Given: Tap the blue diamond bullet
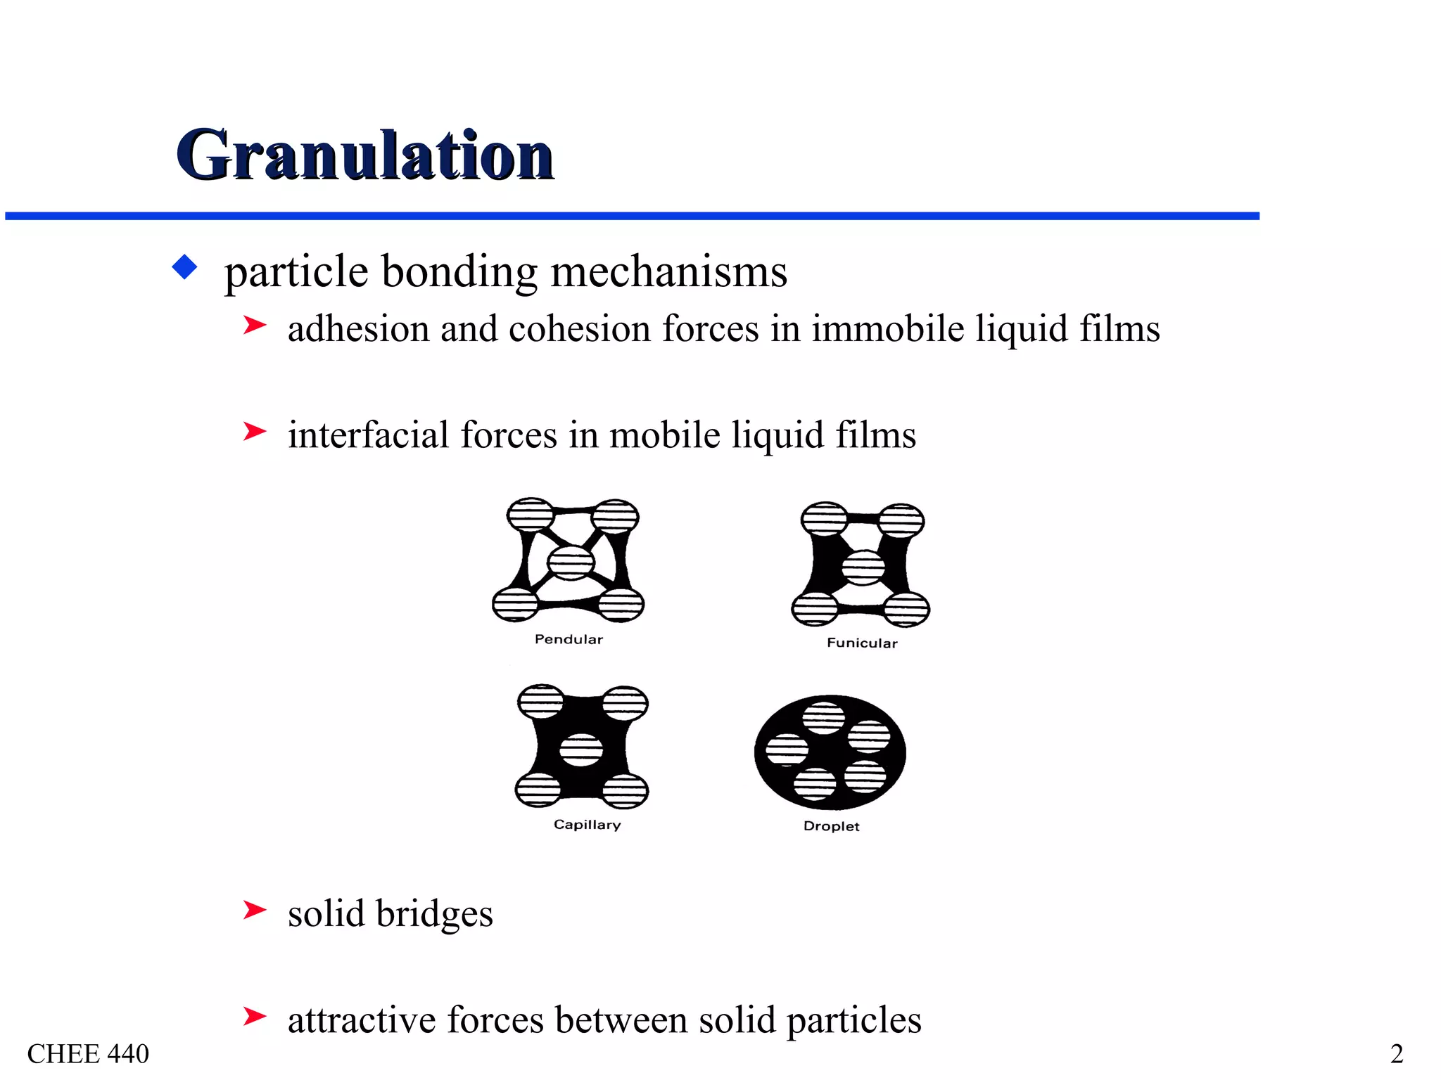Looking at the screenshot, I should click(184, 267).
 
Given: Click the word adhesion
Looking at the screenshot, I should click(358, 329).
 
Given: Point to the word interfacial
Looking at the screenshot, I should click(367, 435).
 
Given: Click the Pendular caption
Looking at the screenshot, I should click(569, 639).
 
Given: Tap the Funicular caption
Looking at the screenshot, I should click(862, 643).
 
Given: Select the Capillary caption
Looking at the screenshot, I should click(587, 825).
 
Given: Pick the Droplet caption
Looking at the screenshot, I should click(831, 826).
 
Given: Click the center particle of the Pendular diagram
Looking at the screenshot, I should click(571, 562).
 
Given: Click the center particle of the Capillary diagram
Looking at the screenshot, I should click(581, 750).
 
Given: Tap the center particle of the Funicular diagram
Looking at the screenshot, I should click(863, 567).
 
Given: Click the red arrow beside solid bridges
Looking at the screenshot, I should click(254, 911).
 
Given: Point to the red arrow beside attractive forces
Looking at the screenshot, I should click(254, 1016).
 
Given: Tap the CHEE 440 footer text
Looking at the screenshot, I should click(88, 1054).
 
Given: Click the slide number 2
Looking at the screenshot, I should click(1397, 1054).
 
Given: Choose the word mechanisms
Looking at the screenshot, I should click(668, 271).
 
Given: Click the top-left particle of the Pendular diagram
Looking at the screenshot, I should click(531, 515).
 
